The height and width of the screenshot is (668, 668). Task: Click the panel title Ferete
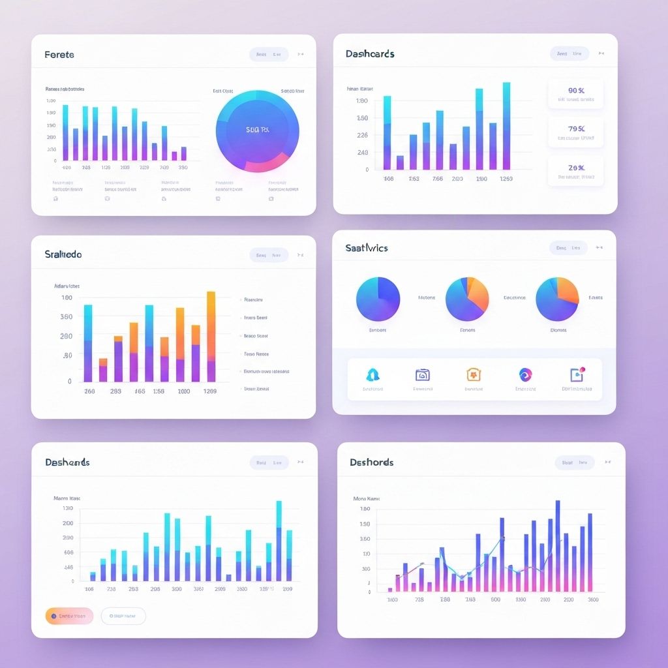[59, 55]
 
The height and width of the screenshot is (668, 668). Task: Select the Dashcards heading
[370, 53]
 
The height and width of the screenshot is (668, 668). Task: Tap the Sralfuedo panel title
[63, 254]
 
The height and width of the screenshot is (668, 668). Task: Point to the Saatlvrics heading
[367, 248]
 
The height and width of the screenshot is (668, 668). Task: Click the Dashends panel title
[67, 462]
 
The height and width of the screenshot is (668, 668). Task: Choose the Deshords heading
[371, 462]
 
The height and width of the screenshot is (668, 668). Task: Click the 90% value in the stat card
[576, 91]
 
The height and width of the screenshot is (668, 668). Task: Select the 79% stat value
[576, 129]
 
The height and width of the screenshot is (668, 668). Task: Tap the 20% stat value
[576, 167]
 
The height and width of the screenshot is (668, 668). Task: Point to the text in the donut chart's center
[257, 129]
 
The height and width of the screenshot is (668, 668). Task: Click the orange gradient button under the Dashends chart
[69, 615]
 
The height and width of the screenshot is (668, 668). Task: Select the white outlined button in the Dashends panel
[123, 615]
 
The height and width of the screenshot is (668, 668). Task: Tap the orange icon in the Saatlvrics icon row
[474, 374]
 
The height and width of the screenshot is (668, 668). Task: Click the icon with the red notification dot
[577, 374]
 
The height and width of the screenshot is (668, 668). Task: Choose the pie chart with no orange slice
[378, 299]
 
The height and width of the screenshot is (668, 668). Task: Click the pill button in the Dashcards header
[569, 54]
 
